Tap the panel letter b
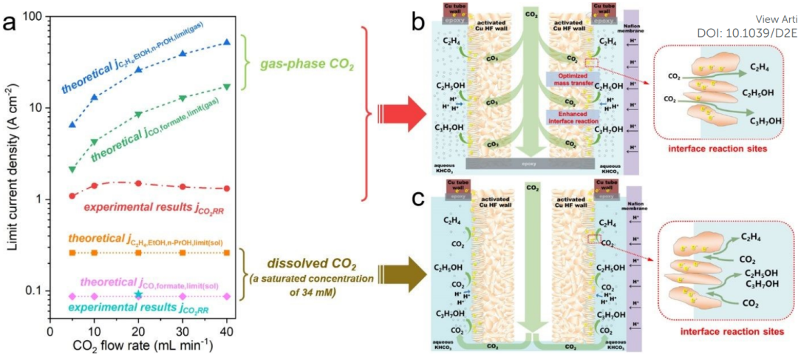pyautogui.click(x=417, y=22)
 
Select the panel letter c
pyautogui.click(x=417, y=199)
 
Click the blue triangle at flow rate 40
pyautogui.click(x=227, y=43)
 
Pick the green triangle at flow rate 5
pyautogui.click(x=72, y=169)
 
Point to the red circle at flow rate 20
pyautogui.click(x=138, y=183)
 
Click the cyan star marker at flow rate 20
pyautogui.click(x=138, y=294)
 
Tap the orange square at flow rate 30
pyautogui.click(x=183, y=253)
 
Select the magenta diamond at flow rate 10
pyautogui.click(x=94, y=296)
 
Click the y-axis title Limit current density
pyautogui.click(x=11, y=169)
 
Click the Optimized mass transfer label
pyautogui.click(x=572, y=80)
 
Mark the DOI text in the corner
pyautogui.click(x=746, y=33)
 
